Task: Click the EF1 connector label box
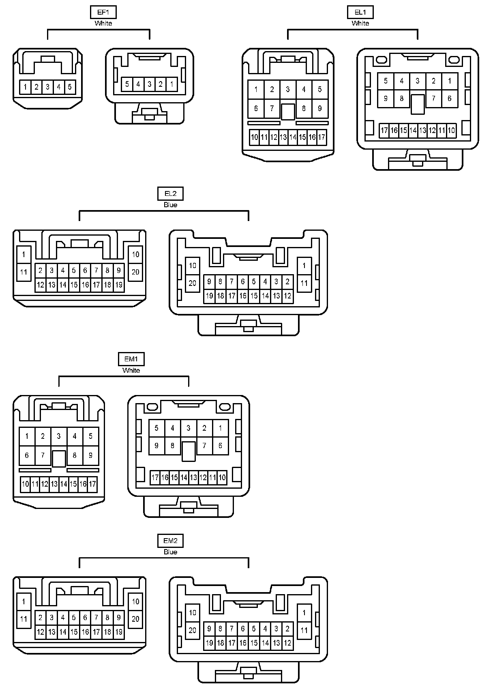point(103,13)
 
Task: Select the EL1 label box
point(360,13)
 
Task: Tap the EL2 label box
point(170,194)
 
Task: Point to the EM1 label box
point(131,359)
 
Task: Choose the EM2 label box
point(170,541)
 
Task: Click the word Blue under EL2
point(170,205)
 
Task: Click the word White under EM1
point(131,370)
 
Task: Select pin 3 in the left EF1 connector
point(47,87)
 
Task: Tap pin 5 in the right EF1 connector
point(127,84)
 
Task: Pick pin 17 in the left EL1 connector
point(322,137)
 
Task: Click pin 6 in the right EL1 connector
point(450,99)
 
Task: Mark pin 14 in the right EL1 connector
point(413,131)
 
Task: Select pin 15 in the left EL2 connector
point(74,285)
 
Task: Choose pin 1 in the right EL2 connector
point(304,266)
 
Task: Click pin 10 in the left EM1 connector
point(26,484)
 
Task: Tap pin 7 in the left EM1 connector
point(43,455)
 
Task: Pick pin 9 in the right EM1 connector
point(156,446)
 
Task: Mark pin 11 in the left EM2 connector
point(24,619)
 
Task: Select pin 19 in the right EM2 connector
point(209,643)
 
